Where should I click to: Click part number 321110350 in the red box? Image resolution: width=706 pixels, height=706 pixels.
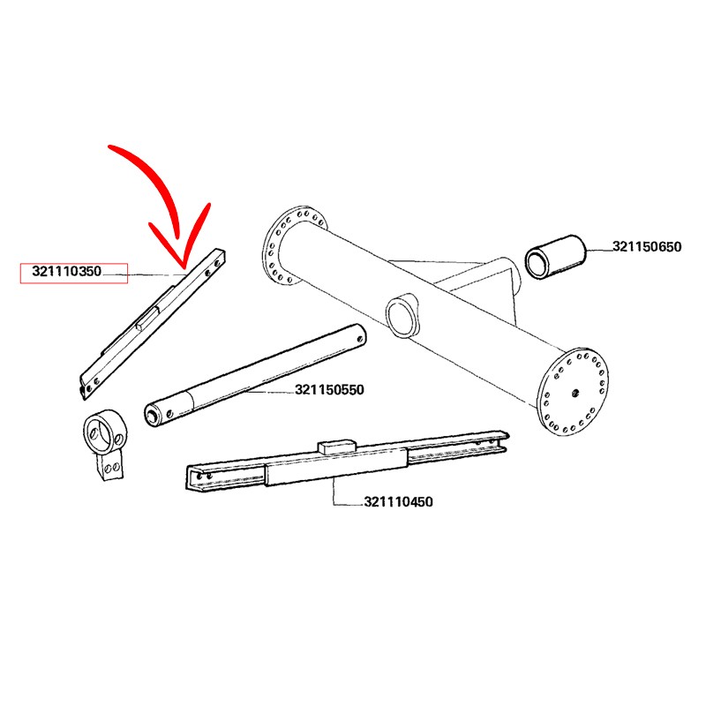(67, 272)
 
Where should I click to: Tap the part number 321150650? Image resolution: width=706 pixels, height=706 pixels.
(647, 247)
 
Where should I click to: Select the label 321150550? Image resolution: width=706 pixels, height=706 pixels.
(329, 389)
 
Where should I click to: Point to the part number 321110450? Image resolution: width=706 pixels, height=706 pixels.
(399, 501)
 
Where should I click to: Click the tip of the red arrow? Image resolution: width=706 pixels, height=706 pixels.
(184, 266)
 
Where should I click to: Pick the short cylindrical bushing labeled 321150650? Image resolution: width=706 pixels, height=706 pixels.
(556, 257)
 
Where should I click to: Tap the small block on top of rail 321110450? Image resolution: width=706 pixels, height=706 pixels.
(337, 447)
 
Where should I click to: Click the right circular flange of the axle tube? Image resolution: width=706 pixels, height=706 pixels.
(573, 391)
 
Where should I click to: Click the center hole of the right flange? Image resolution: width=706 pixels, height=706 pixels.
(575, 393)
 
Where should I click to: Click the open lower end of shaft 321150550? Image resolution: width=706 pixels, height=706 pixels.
(152, 415)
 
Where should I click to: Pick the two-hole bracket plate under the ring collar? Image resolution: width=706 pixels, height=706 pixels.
(111, 466)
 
